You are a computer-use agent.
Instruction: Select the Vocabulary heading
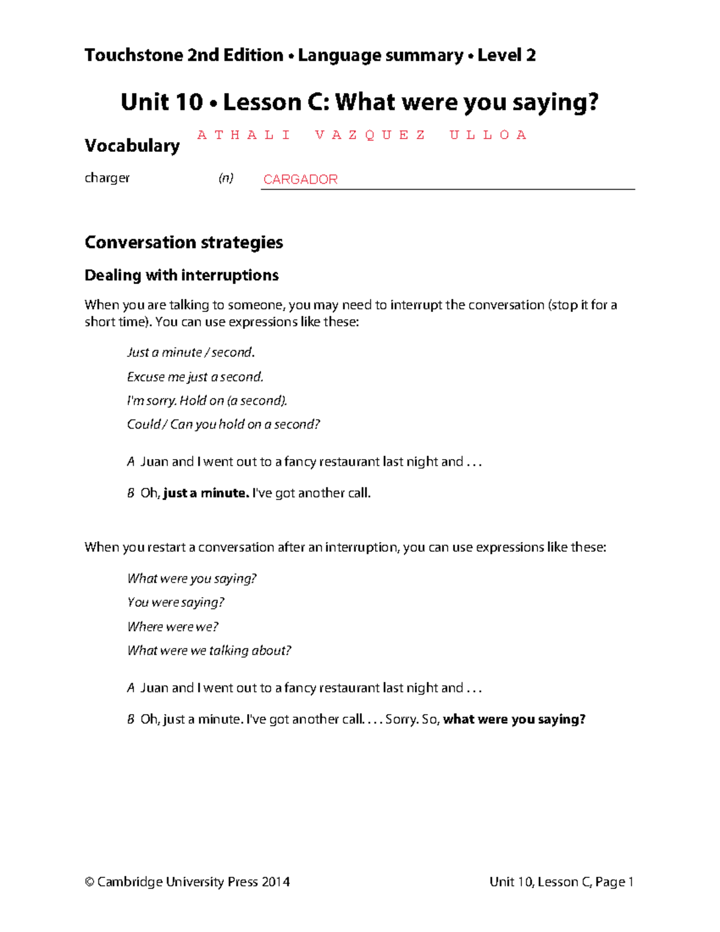tap(132, 146)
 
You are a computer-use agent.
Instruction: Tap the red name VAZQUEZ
tap(370, 135)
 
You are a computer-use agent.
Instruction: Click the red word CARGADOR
tap(300, 179)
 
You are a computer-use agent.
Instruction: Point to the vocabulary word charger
tap(107, 178)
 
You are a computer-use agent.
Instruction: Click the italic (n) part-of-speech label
tap(226, 178)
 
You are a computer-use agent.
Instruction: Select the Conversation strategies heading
tap(184, 242)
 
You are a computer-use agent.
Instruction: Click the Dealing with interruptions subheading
tap(181, 275)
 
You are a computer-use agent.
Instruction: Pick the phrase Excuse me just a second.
tap(195, 377)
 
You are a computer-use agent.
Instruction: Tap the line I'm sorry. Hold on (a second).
tap(207, 400)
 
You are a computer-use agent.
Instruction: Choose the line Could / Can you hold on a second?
tap(223, 424)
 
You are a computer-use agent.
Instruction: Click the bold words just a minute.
tap(206, 493)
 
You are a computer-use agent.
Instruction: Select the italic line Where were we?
tap(173, 627)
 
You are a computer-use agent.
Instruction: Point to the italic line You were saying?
tap(176, 603)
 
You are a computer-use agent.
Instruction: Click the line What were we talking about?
tap(209, 651)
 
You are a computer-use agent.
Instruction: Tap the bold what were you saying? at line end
tap(514, 719)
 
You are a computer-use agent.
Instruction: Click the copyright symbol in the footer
tap(89, 882)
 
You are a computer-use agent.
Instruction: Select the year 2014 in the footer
tap(276, 882)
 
